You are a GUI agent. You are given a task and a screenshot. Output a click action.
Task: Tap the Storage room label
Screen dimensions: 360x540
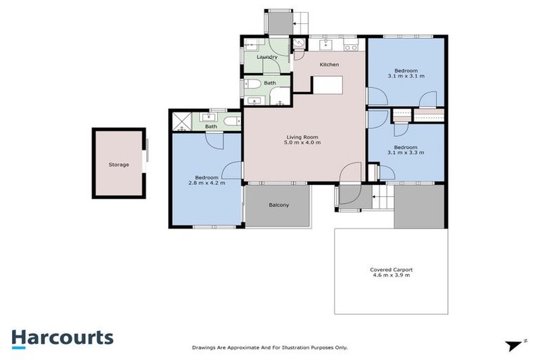[x=118, y=165]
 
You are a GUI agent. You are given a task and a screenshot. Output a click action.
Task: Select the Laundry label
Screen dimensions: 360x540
[x=267, y=57]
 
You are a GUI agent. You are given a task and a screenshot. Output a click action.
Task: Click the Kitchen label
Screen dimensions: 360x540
[x=329, y=65]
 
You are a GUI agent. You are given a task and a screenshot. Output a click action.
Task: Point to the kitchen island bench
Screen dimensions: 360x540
[x=327, y=85]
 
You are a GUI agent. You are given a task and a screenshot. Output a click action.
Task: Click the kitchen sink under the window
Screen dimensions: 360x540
[x=326, y=46]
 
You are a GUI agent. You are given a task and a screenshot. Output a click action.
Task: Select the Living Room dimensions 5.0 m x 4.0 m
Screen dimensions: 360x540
[x=303, y=143]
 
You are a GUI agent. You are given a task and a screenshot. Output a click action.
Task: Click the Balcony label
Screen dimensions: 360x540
[x=279, y=205]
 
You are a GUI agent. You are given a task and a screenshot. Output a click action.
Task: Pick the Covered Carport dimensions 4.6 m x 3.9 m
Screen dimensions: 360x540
[x=390, y=275]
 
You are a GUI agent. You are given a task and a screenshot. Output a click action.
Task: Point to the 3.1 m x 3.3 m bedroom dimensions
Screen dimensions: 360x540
[x=406, y=152]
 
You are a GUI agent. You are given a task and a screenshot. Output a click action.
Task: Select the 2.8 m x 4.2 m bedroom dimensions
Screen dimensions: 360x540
[x=206, y=183]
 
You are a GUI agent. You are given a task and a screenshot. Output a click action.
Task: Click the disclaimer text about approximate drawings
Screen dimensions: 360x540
[x=270, y=347]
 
